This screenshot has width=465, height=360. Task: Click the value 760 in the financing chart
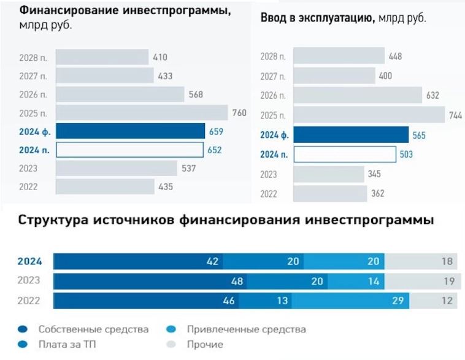(x=239, y=113)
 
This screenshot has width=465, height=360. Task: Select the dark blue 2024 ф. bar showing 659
(x=130, y=131)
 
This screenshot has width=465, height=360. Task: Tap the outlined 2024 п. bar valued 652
(x=130, y=150)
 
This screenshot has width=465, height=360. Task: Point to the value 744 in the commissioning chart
(x=455, y=115)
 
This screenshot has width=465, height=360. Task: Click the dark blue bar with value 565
(x=351, y=135)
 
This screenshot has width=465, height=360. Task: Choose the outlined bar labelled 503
(x=345, y=154)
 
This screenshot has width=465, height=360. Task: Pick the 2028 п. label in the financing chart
(x=34, y=58)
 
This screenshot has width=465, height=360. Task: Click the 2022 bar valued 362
(x=329, y=193)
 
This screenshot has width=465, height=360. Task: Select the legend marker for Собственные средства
(x=23, y=329)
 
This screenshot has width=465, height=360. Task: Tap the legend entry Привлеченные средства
(x=245, y=329)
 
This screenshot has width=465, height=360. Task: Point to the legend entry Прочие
(x=204, y=345)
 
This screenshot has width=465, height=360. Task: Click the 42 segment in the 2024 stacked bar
(x=138, y=261)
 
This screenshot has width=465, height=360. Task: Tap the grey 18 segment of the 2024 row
(x=421, y=261)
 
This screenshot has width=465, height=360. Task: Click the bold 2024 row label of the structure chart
(x=29, y=261)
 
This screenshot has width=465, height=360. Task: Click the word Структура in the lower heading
(x=50, y=220)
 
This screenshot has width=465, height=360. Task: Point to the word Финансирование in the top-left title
(x=67, y=12)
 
